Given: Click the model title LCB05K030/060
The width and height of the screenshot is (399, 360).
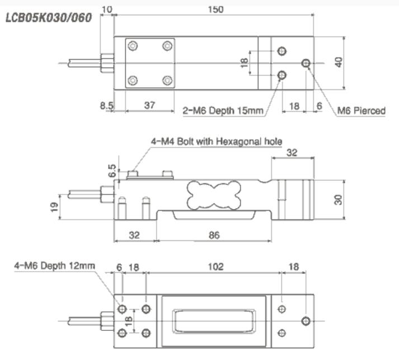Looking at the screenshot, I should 48,17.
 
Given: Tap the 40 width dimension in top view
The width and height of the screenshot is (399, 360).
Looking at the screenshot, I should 337,62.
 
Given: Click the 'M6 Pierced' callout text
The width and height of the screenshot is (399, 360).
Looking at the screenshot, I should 361,111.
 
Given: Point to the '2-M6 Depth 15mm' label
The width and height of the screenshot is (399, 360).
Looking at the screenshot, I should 223,111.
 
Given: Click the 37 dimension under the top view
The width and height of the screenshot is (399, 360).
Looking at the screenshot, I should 148,105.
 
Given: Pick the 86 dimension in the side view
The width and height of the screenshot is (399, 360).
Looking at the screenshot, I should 214,235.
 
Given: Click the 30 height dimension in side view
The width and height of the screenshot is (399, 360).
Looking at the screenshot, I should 337,200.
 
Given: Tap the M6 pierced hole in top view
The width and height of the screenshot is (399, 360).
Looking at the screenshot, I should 306,63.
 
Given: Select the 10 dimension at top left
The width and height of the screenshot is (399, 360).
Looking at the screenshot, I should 107,9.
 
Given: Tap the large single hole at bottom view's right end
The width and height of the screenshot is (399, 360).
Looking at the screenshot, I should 306,321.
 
